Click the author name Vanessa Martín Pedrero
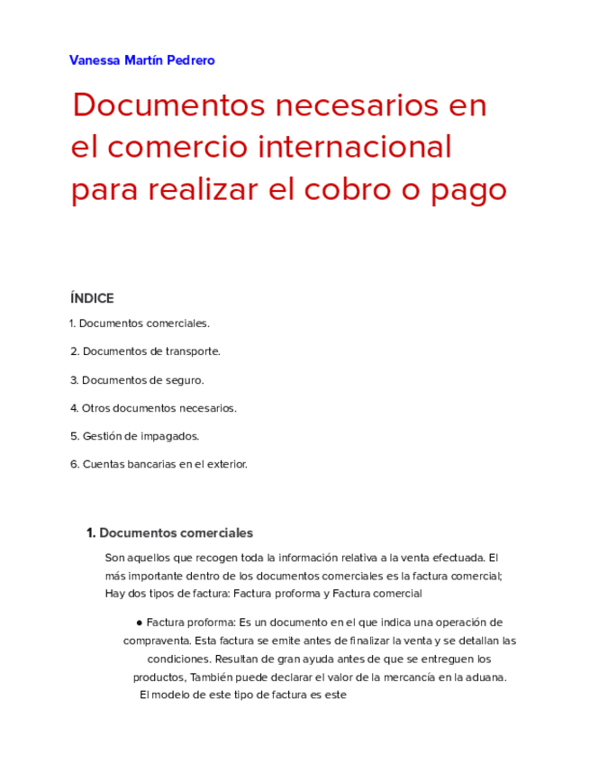(x=141, y=60)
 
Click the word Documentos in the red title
(x=168, y=105)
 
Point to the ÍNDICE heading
(x=92, y=298)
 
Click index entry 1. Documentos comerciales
(x=139, y=323)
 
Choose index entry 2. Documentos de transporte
(x=145, y=351)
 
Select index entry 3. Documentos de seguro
(x=137, y=380)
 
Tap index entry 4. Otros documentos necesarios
(x=153, y=408)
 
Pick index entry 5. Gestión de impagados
(x=134, y=436)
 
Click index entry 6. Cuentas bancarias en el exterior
(x=159, y=464)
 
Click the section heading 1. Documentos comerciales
(x=169, y=532)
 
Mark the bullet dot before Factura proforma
(x=140, y=623)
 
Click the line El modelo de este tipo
(x=243, y=695)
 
